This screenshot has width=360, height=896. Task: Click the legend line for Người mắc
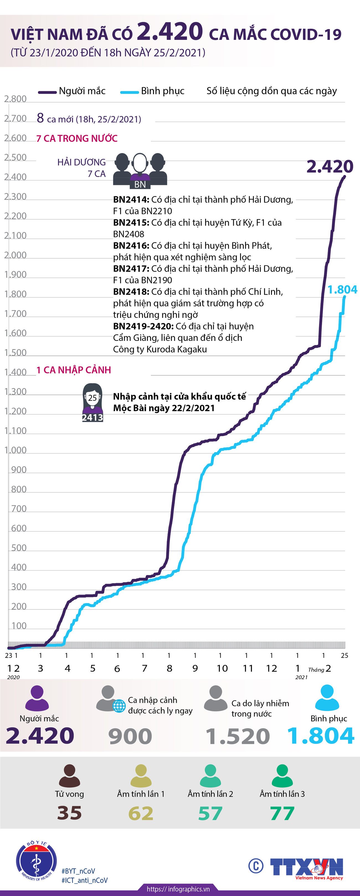(47, 92)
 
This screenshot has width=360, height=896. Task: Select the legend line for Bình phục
(129, 92)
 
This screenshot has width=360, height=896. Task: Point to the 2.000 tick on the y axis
(15, 255)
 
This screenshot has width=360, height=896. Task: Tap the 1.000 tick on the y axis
(15, 450)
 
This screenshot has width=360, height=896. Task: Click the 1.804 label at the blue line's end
(342, 289)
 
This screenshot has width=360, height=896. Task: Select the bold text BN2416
(131, 246)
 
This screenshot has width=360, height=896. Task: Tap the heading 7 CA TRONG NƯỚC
(77, 138)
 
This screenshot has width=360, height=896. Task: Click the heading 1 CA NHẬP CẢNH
(74, 370)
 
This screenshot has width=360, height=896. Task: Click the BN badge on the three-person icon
(140, 184)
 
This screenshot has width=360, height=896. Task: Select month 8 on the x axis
(169, 668)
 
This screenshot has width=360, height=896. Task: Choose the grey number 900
(130, 736)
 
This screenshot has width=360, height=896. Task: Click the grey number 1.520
(238, 736)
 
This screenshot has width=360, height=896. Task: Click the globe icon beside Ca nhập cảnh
(119, 706)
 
